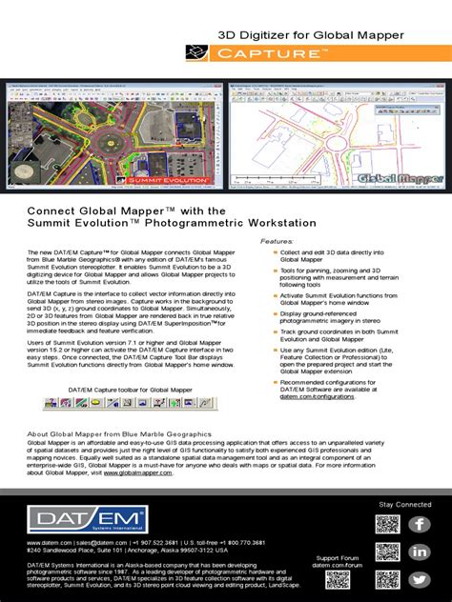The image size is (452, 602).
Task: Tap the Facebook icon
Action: tap(420, 525)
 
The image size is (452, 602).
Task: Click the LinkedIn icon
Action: tap(420, 552)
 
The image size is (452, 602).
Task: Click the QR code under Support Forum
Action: tap(386, 581)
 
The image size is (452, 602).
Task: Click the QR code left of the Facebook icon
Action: tap(386, 525)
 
